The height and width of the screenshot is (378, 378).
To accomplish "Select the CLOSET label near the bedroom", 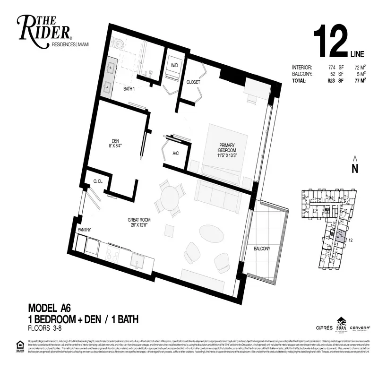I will (193, 82).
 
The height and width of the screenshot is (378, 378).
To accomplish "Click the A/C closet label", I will (175, 153).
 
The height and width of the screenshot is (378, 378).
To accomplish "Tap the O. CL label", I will (98, 181).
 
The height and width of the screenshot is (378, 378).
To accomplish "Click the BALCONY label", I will (262, 249).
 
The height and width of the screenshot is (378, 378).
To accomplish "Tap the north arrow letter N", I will (355, 168).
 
